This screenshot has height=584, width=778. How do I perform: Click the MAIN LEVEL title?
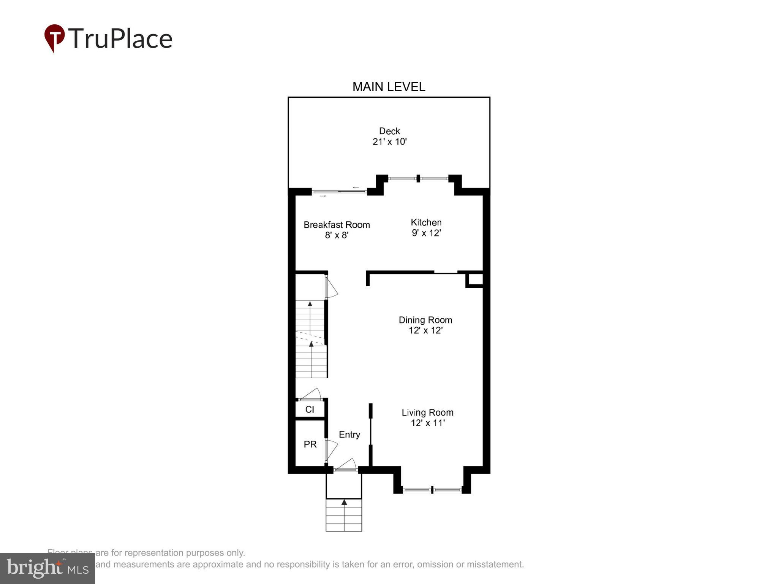(x=389, y=87)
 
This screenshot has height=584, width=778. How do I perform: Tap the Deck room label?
(x=389, y=131)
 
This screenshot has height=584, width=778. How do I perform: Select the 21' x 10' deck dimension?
(x=389, y=142)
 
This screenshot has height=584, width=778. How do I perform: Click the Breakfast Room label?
(x=337, y=225)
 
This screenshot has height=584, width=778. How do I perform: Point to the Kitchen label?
(x=426, y=222)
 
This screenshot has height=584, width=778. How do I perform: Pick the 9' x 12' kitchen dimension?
(x=426, y=233)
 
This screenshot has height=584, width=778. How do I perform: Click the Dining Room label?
(x=425, y=320)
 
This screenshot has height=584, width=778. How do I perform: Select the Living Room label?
(x=427, y=413)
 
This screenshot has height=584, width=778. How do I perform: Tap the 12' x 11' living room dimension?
(x=427, y=423)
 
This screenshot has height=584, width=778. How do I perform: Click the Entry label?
(x=349, y=435)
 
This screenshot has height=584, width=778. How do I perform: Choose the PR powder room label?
(x=310, y=444)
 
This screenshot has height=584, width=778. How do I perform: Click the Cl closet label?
(x=310, y=409)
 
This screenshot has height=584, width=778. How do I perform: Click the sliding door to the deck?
(x=339, y=192)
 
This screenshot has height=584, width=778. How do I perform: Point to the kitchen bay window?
(x=418, y=178)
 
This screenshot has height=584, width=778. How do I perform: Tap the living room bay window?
(x=432, y=490)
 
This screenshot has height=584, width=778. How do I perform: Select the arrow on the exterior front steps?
(x=344, y=503)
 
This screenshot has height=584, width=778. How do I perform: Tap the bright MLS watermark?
(x=47, y=568)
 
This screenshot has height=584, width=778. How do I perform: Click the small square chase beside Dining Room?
(x=475, y=280)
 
